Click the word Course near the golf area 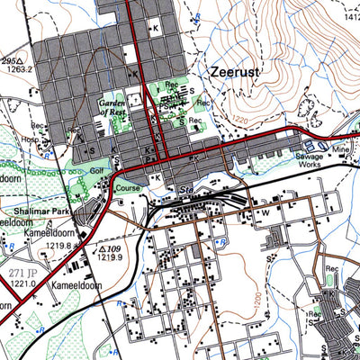coord(128,189)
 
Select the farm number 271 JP coord(22,271)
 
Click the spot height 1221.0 coord(22,282)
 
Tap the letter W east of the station coord(265,212)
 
